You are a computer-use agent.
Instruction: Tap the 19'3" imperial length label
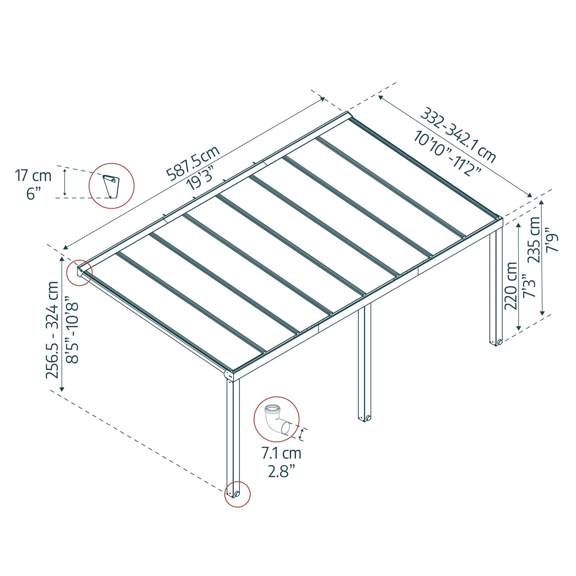(201, 178)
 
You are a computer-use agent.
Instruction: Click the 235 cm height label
(534, 240)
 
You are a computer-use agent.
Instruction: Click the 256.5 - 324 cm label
(52, 330)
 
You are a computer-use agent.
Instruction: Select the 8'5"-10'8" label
(73, 330)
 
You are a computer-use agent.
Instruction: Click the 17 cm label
(33, 175)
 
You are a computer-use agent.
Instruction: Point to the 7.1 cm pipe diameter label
(281, 453)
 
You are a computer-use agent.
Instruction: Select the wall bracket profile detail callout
(111, 185)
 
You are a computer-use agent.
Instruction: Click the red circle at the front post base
(237, 494)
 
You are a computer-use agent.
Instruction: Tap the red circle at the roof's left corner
(79, 273)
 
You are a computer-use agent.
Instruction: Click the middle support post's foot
(364, 418)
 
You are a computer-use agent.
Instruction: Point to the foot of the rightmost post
(496, 342)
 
